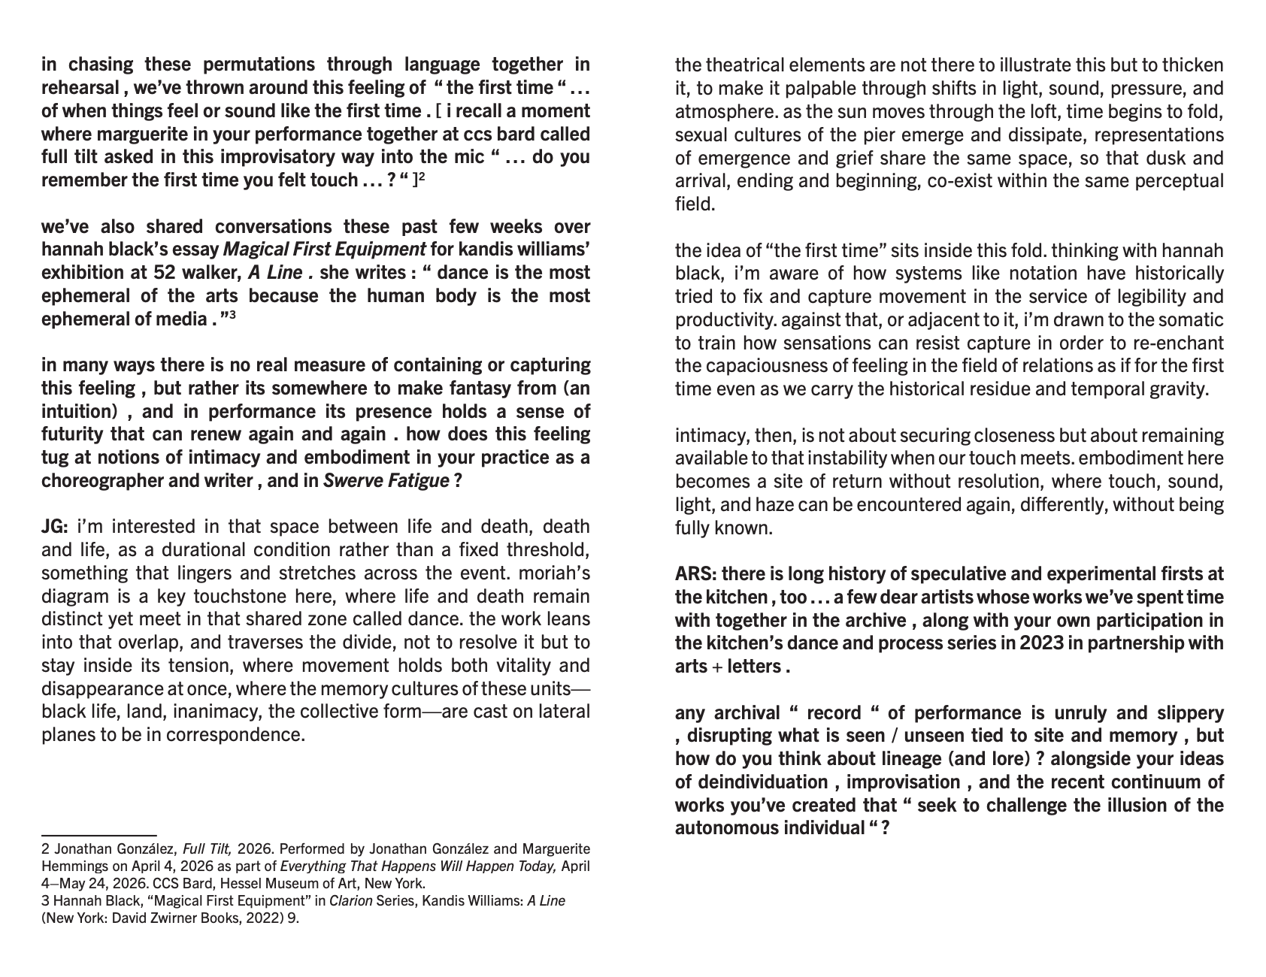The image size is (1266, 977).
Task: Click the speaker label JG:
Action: (54, 526)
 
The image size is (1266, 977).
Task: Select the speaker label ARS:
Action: (695, 574)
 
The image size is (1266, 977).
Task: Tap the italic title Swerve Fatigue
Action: (386, 481)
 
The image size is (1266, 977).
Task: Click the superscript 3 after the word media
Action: (233, 315)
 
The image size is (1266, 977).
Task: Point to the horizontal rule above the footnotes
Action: (98, 835)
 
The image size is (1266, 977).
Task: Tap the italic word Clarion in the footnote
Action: (350, 900)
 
